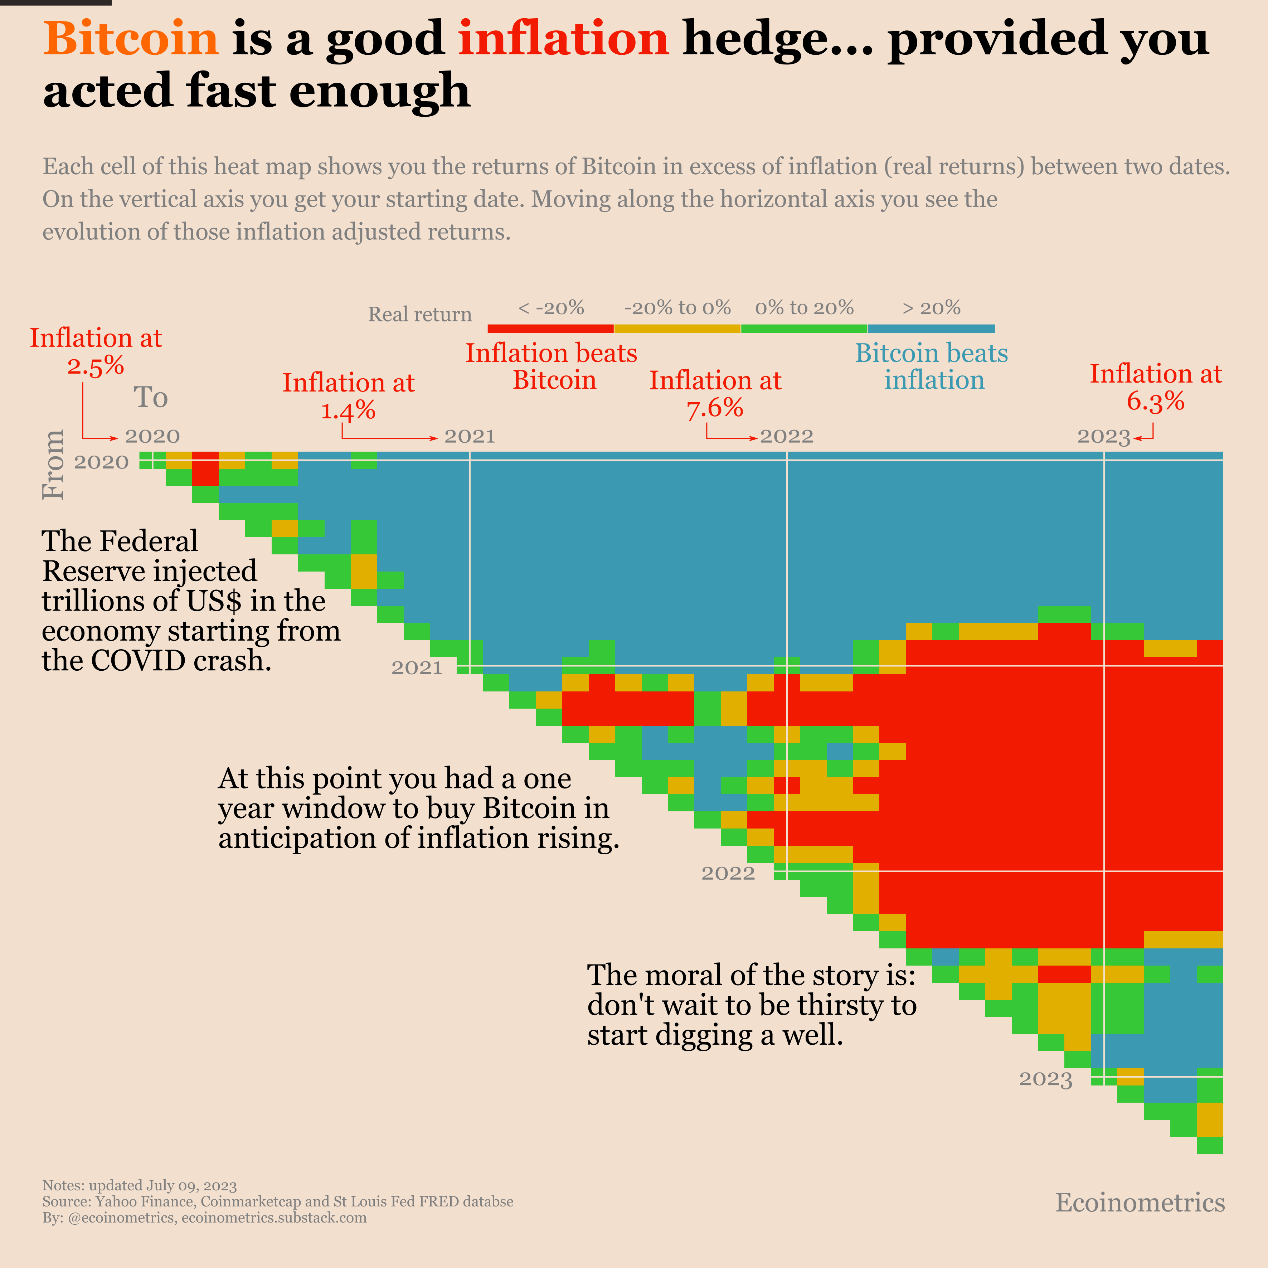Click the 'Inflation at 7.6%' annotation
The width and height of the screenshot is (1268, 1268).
[715, 394]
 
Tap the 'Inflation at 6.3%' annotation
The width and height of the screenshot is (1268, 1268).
[1155, 387]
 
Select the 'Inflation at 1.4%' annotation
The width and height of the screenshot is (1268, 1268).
[349, 396]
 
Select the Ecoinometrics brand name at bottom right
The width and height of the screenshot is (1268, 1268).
[1140, 1203]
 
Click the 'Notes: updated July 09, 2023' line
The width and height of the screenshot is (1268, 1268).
[139, 1185]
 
